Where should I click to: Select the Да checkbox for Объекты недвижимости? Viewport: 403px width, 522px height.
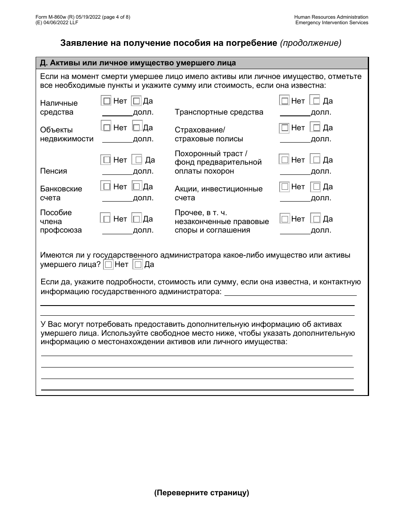137,127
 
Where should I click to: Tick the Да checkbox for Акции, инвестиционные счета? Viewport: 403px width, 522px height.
316,187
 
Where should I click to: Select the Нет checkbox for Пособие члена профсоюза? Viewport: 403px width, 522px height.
106,219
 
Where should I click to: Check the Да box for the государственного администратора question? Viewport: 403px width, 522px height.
138,265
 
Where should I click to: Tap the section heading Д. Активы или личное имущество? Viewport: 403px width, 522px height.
137,63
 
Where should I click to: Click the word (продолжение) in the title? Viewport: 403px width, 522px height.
311,43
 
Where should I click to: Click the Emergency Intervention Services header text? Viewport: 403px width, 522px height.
332,22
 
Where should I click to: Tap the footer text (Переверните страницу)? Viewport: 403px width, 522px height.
201,493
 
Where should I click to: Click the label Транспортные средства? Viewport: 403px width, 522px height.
219,112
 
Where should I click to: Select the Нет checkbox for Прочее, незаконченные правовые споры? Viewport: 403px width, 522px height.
285,219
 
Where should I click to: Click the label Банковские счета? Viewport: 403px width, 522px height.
61,193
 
